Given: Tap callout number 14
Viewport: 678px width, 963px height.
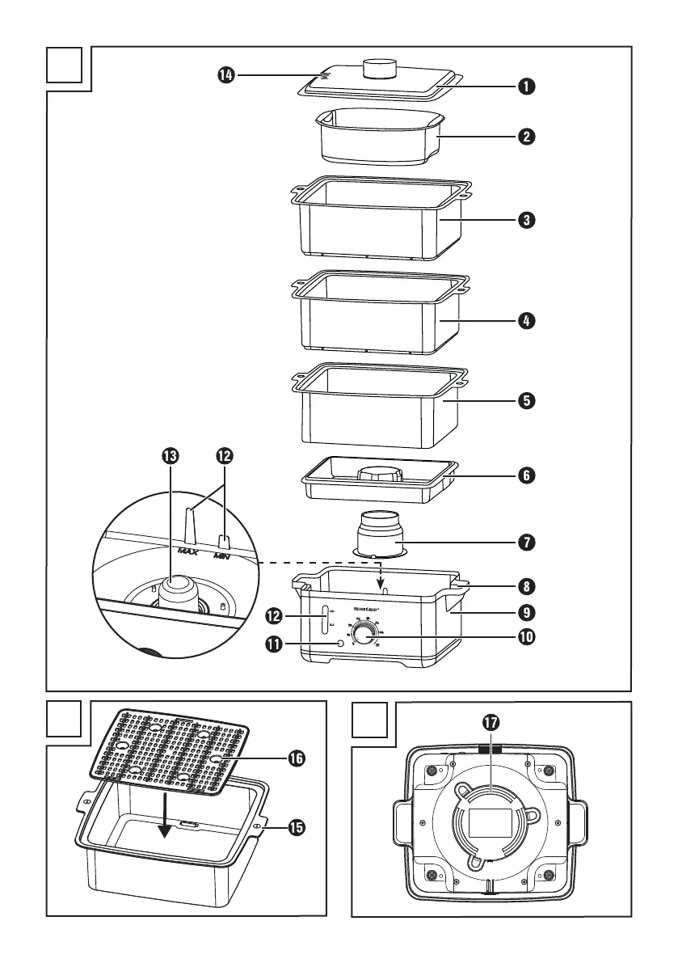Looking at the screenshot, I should (x=225, y=75).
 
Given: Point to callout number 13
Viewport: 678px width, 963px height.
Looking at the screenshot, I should (x=171, y=456).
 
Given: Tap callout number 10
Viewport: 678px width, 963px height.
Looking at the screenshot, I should (x=526, y=636).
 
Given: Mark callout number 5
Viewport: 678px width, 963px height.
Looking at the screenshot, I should (x=526, y=400).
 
